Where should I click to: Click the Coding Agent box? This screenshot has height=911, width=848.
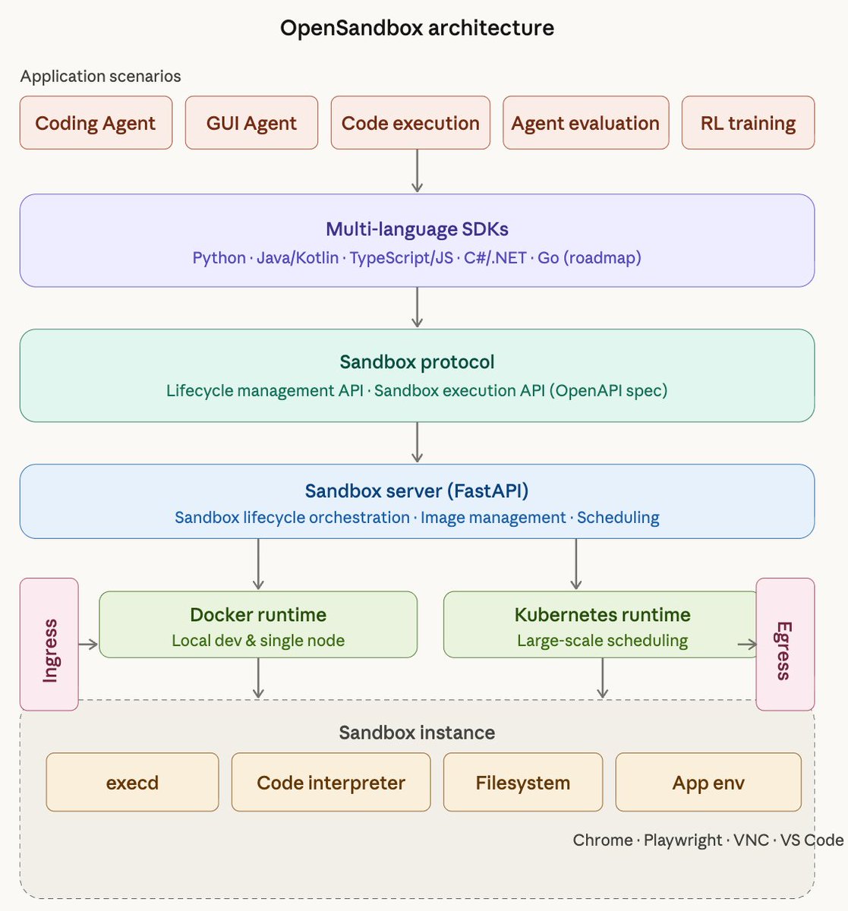96,123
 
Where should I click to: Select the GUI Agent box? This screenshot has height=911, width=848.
251,123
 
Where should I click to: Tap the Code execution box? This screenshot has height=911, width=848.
410,123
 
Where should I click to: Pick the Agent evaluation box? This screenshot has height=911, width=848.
585,123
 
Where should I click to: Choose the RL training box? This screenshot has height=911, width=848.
748,123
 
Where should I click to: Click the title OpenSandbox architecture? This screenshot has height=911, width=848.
417,28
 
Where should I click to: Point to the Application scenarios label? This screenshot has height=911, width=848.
100,76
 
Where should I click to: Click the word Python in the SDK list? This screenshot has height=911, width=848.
219,257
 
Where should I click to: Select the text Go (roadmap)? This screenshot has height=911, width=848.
589,257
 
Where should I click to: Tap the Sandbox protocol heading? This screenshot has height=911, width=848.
417,362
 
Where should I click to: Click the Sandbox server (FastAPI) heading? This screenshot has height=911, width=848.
417,490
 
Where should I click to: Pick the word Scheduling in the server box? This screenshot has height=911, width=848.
618,518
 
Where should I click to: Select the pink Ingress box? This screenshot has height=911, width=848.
49,644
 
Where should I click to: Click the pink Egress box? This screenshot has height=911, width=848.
785,644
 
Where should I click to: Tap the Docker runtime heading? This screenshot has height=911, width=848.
258,614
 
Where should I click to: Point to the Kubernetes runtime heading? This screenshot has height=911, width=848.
602,614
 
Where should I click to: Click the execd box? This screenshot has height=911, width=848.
132,783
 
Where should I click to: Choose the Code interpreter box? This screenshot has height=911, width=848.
331,783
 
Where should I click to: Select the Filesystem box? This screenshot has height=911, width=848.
522,783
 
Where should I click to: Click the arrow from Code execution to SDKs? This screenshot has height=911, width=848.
417,171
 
